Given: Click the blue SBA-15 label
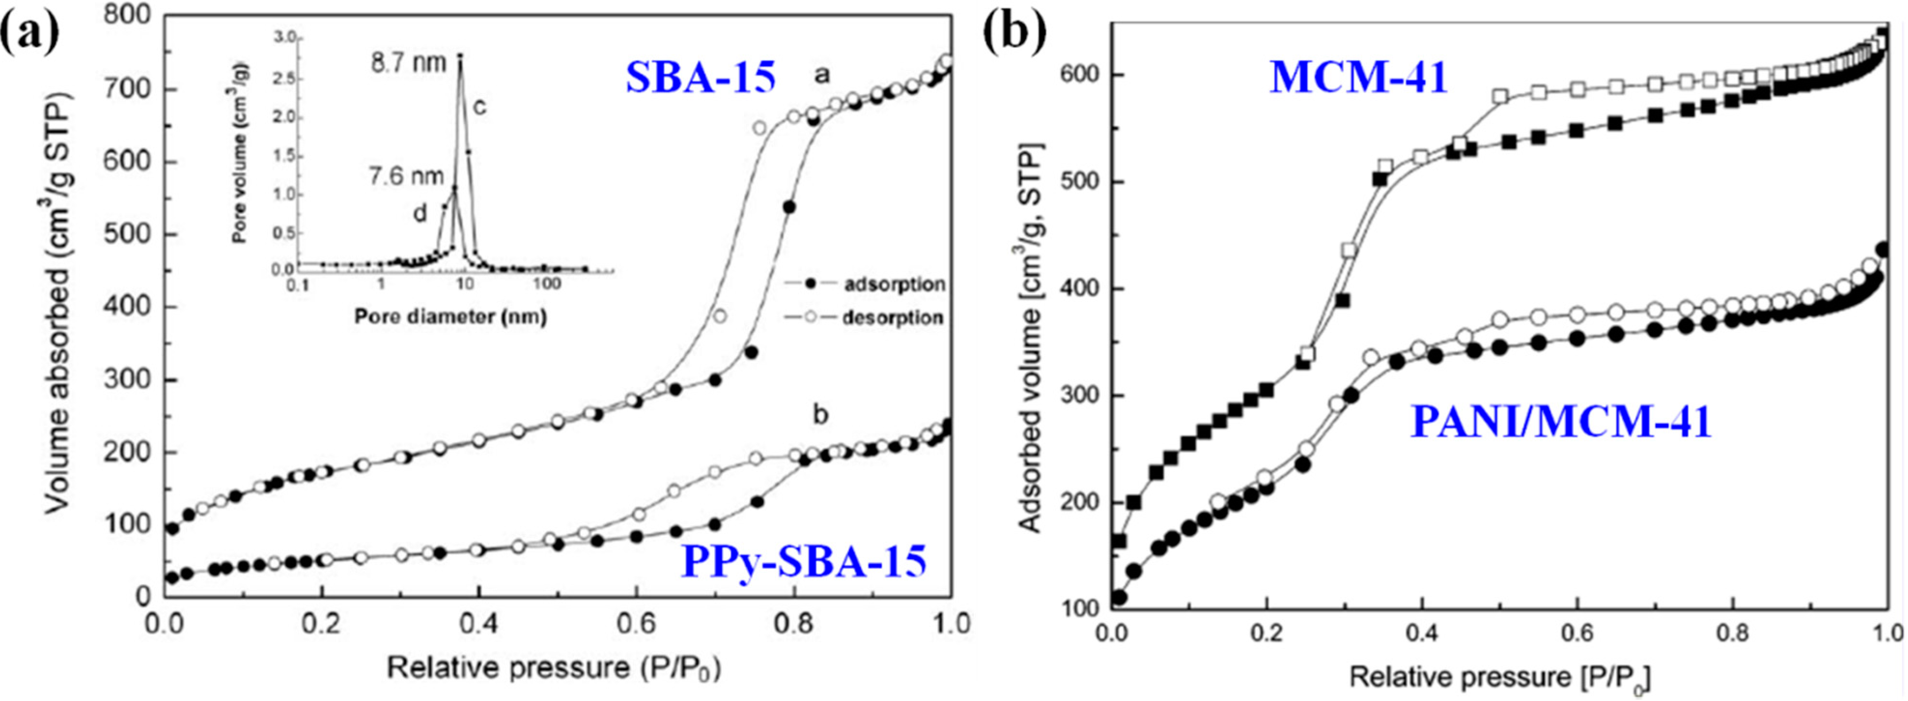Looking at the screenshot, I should (x=701, y=77).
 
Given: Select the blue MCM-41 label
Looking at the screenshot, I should (x=1359, y=77).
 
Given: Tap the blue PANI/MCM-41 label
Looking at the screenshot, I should (x=1560, y=422).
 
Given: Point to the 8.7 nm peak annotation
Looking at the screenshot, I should (x=409, y=63).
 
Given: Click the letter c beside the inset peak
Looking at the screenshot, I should (x=479, y=107).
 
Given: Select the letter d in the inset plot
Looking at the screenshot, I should (x=420, y=214).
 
